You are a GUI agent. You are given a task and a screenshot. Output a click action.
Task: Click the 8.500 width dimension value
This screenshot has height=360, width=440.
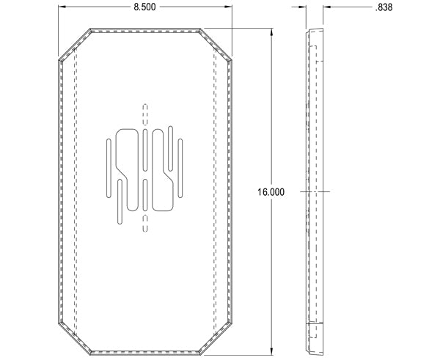click(x=144, y=7)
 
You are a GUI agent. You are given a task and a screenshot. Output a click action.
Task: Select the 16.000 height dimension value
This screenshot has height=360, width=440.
click(x=271, y=192)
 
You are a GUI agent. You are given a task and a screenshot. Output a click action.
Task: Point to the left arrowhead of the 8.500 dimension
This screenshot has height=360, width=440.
click(x=61, y=7)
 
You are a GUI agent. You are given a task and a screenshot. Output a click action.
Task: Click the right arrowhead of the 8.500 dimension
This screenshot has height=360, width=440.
click(x=230, y=7)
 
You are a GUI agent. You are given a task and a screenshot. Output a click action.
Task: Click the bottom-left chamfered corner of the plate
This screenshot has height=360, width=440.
click(x=73, y=336)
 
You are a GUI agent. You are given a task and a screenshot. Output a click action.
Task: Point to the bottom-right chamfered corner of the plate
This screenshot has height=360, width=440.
click(x=218, y=336)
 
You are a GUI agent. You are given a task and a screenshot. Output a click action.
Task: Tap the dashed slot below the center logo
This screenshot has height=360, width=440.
click(x=144, y=221)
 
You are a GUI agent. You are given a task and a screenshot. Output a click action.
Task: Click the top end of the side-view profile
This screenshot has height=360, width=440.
click(x=315, y=32)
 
